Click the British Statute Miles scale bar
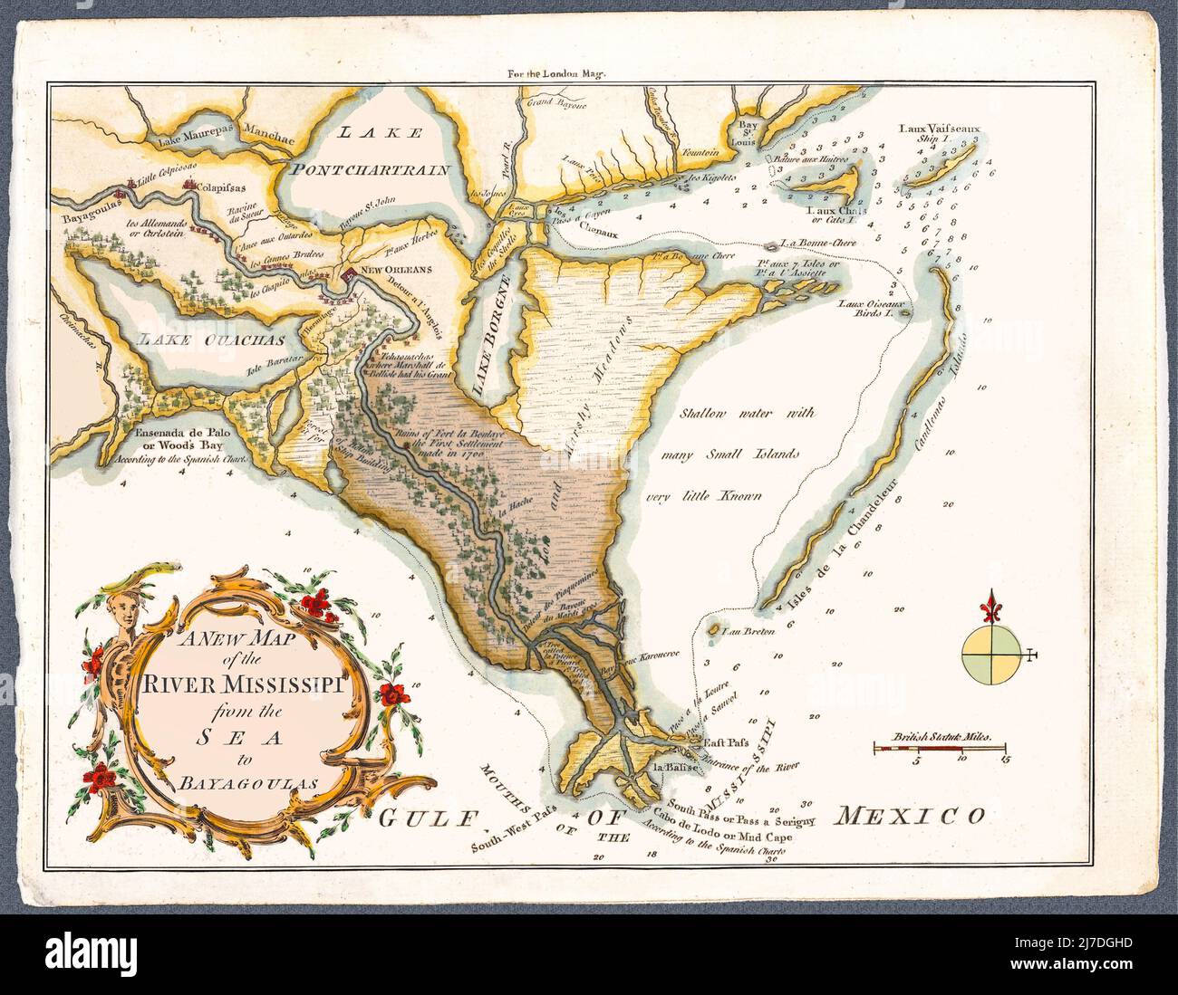(x=941, y=749)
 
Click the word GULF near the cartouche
(x=427, y=820)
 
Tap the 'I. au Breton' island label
(x=748, y=630)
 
